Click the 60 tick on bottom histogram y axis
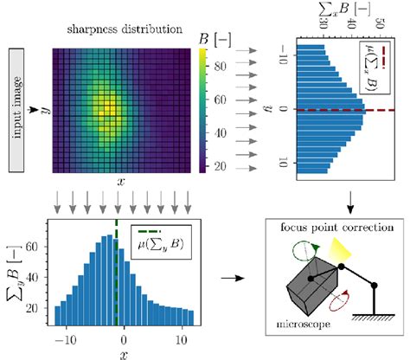[x=38, y=246]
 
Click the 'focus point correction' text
[x=325, y=229]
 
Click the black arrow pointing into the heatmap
[x=37, y=109]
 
